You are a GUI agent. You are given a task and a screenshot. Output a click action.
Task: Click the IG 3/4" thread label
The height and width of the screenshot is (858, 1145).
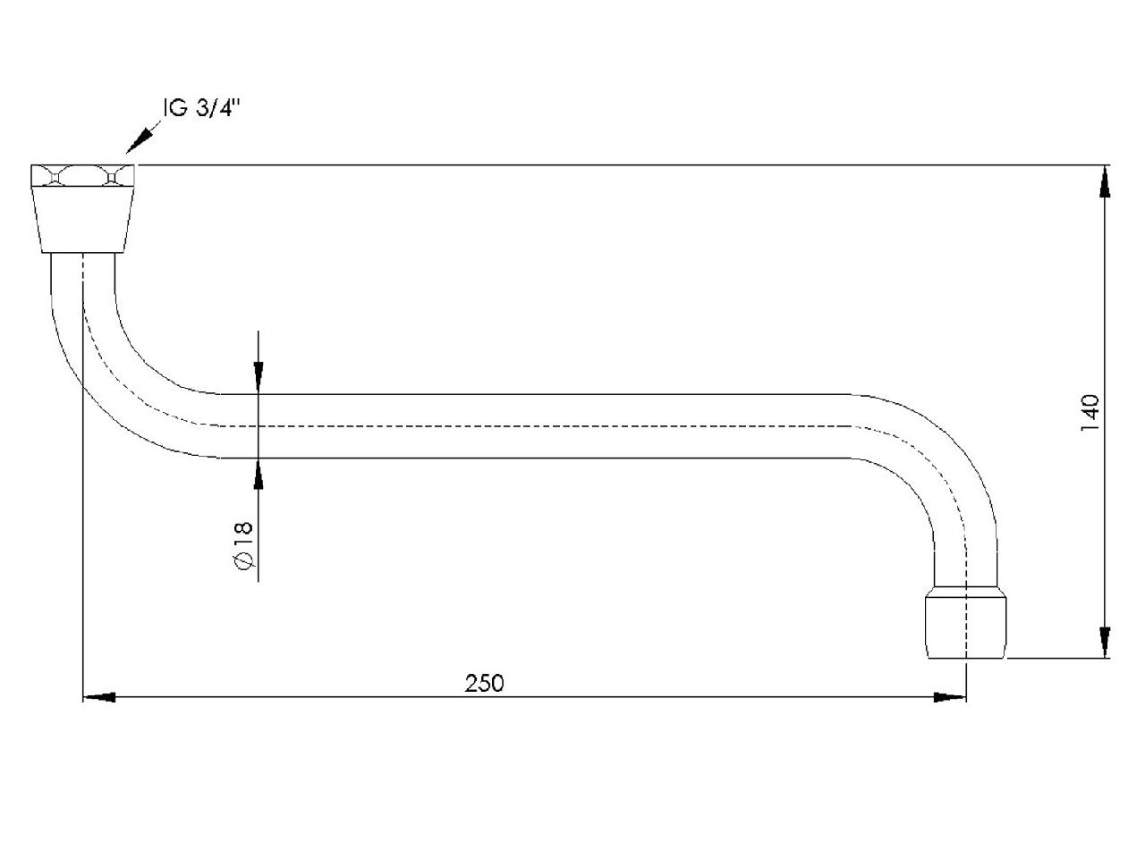202,108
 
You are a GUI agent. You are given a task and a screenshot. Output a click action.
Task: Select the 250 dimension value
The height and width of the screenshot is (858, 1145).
484,683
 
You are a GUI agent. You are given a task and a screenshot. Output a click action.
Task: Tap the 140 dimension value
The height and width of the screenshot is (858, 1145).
1090,413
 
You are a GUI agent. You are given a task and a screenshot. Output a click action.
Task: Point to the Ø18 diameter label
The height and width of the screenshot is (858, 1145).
244,545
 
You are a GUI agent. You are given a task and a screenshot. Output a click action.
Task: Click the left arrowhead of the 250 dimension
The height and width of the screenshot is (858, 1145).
99,697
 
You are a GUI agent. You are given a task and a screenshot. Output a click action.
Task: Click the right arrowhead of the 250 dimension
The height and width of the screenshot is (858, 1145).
950,697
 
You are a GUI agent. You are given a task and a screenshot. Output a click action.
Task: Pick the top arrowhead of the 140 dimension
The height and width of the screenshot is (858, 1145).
1105,181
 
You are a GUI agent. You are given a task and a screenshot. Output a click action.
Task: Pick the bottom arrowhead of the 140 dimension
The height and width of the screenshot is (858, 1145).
1105,642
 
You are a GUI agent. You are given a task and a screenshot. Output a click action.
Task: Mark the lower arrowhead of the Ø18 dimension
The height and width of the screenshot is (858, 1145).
259,474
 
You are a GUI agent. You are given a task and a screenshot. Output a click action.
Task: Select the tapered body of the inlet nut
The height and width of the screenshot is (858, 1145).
82,221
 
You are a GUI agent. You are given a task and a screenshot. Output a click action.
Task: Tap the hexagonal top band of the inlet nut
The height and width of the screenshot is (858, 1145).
82,176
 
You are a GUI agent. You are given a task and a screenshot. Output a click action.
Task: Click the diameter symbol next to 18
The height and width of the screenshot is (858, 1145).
244,560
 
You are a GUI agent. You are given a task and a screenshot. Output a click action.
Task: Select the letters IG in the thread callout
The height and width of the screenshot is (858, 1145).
176,108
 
